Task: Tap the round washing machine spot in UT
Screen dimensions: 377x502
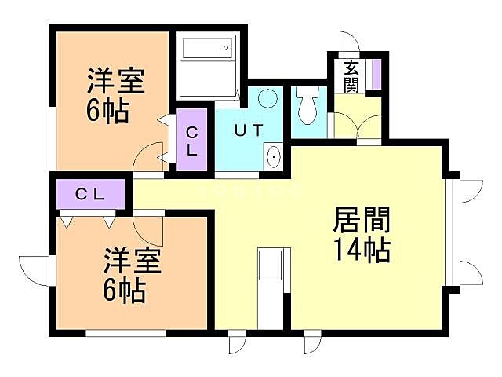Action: (268, 100)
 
